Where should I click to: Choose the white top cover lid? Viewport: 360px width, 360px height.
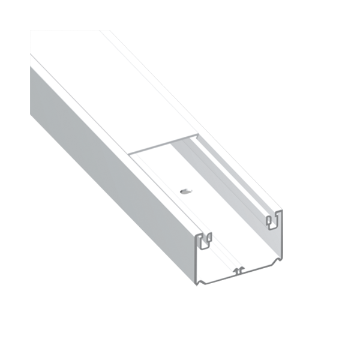(x=114, y=90)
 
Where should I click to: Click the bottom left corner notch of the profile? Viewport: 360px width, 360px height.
(x=202, y=280)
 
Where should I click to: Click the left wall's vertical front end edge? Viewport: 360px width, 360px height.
(x=198, y=258)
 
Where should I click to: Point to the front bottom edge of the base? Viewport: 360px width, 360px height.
(x=240, y=277)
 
